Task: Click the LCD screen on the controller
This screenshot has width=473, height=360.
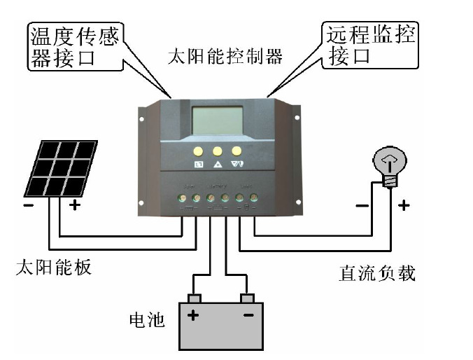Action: [218, 120]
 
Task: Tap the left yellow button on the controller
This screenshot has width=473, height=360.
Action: [199, 151]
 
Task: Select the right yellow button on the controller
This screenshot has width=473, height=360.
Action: [236, 151]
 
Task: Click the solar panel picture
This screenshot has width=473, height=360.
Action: [62, 168]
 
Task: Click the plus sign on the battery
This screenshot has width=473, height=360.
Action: [192, 316]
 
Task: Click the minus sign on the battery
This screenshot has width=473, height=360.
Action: [248, 316]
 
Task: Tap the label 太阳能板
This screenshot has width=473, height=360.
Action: [53, 268]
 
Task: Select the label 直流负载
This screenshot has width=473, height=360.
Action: [376, 273]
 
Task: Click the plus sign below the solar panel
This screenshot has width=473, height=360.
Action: [75, 206]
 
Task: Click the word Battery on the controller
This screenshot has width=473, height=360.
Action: [218, 186]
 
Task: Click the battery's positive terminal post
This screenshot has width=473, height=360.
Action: [195, 298]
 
